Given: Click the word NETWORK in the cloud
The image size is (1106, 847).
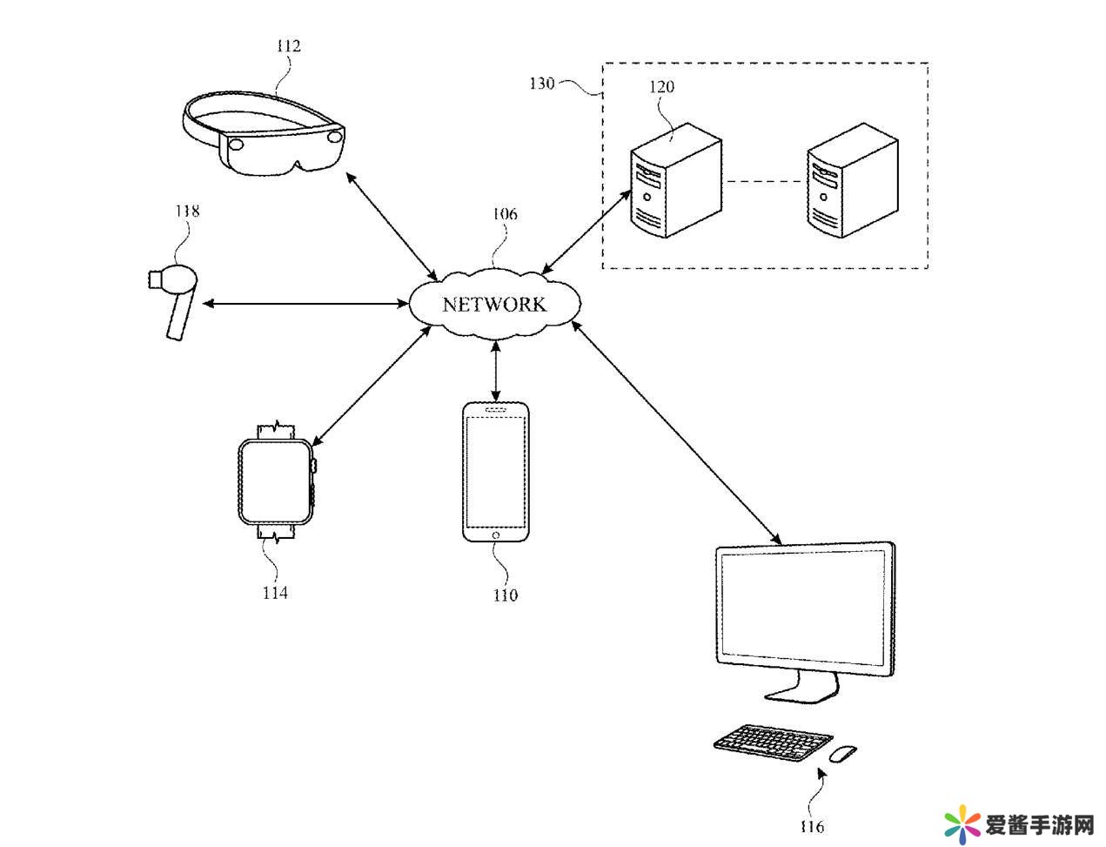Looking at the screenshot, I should click(493, 305).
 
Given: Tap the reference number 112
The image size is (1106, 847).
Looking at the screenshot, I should click(288, 45).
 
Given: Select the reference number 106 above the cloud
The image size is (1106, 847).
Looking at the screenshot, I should click(505, 214).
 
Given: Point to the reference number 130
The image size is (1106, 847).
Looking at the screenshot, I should click(541, 84).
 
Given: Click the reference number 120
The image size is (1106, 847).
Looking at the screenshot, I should click(661, 86).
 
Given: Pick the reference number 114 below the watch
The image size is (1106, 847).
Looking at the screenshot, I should click(275, 593).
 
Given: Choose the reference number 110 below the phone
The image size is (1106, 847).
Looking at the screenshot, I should click(505, 595).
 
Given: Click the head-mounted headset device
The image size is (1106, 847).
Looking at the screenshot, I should click(265, 135).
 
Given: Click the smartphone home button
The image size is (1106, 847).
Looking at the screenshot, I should click(495, 534).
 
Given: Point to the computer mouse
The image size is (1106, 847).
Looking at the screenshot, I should click(841, 753).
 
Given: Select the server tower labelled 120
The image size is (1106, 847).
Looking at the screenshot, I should click(675, 181).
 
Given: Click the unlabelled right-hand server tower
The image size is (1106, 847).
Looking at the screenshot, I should click(852, 181).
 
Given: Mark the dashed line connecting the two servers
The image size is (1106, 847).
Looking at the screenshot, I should click(763, 182).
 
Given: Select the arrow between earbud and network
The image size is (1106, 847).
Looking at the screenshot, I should click(305, 303).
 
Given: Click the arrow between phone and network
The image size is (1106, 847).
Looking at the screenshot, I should click(496, 371).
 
